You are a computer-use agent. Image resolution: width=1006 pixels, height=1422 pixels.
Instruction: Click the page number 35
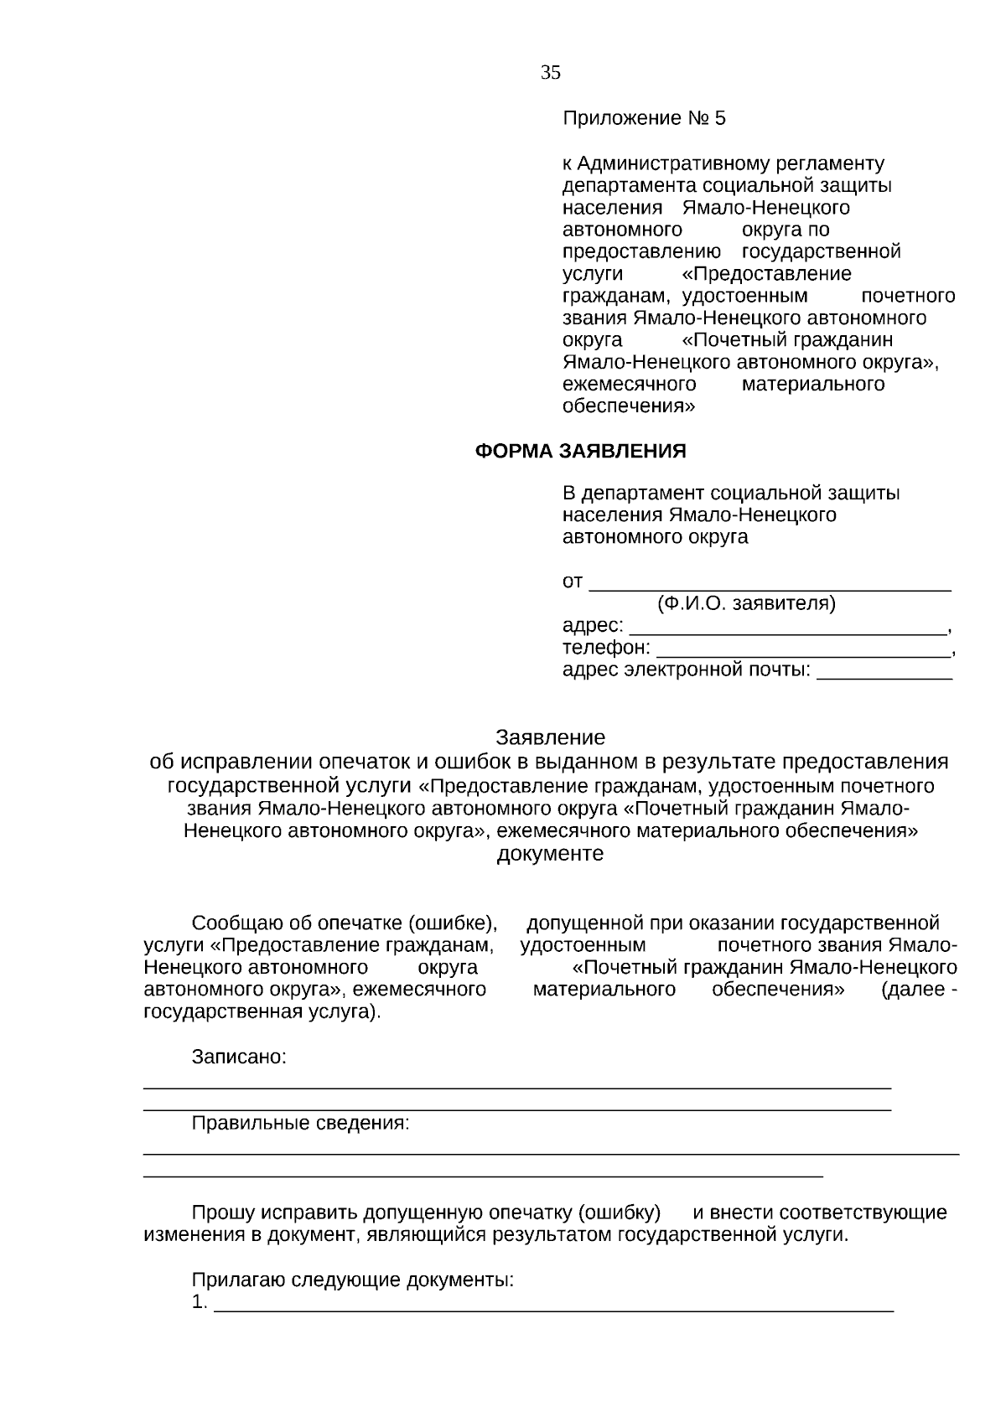550,73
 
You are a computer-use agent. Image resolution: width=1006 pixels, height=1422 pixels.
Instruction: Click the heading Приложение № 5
643,118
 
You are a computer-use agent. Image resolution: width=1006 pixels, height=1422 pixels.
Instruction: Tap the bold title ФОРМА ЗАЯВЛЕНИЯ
580,452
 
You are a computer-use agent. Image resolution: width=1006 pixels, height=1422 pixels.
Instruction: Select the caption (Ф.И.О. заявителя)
746,603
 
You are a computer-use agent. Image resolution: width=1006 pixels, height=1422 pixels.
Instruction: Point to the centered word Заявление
550,737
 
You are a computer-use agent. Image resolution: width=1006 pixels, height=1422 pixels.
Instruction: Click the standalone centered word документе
550,854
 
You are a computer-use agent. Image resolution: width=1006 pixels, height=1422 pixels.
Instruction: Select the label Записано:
239,1057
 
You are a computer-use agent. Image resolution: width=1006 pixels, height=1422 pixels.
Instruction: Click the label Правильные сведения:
300,1123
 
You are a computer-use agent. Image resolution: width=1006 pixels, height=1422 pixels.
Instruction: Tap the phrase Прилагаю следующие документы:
352,1280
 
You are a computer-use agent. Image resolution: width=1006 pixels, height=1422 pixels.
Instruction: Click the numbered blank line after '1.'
553,1304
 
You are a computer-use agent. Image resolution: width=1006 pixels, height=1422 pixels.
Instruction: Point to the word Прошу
222,1213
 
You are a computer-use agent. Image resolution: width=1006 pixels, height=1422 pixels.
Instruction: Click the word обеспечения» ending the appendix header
628,406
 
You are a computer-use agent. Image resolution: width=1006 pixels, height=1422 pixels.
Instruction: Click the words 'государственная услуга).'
262,1011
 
